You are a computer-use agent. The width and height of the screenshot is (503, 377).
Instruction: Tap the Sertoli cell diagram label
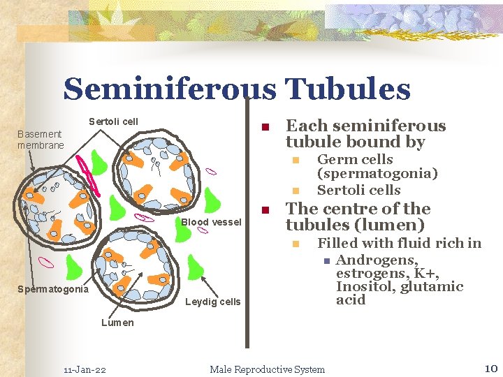tap(113, 121)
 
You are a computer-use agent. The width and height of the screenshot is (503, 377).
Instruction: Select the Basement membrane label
tap(41, 139)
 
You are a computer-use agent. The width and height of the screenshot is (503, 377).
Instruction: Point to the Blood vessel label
tap(211, 222)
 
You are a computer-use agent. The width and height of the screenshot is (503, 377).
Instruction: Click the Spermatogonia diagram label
tap(54, 289)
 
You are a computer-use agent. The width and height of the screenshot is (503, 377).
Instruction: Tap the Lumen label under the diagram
tap(117, 322)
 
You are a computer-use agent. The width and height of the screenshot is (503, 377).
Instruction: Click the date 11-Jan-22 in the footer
tap(85, 369)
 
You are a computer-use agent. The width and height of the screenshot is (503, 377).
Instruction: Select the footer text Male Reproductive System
tap(267, 369)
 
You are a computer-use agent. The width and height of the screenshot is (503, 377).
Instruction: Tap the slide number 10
tap(489, 368)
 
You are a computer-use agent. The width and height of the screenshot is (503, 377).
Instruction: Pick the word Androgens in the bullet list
tap(377, 260)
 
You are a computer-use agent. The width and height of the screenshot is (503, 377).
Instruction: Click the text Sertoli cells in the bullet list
tap(358, 190)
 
